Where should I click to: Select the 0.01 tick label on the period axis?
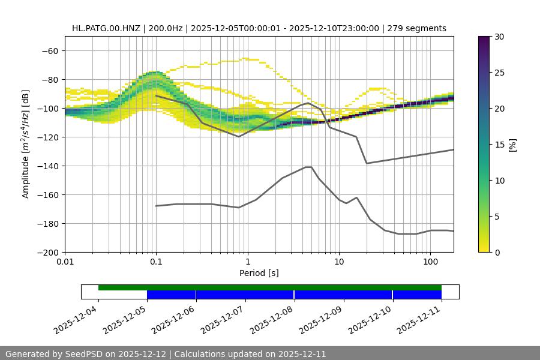pos(65,262)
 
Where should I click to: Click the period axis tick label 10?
pos(339,262)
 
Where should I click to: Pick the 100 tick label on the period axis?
pos(430,262)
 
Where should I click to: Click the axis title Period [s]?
pos(259,273)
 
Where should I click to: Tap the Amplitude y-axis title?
pos(26,144)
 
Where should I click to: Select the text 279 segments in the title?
pos(417,28)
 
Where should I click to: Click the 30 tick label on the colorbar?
pos(499,37)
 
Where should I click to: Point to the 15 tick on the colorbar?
pos(499,145)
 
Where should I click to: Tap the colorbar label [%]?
pos(512,145)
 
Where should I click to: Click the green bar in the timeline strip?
pos(270,287)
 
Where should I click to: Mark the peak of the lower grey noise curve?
pos(308,167)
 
